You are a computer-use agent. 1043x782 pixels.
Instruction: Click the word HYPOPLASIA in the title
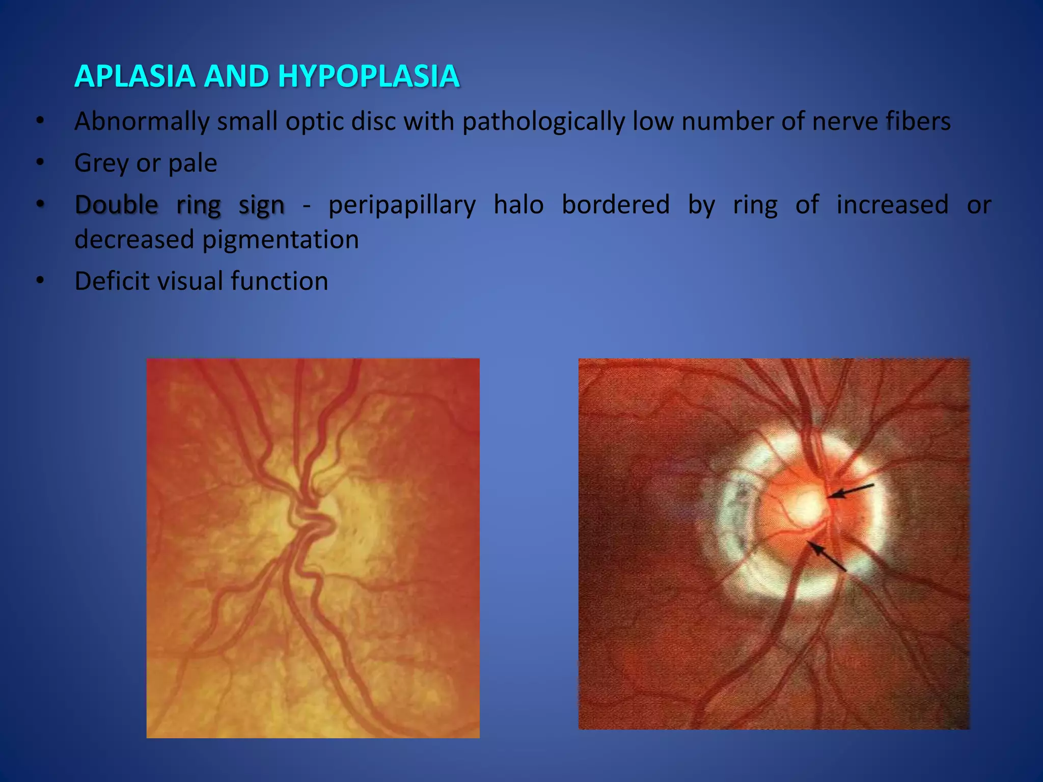[369, 76]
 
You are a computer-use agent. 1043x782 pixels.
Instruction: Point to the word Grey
[101, 163]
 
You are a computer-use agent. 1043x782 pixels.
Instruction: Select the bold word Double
[117, 205]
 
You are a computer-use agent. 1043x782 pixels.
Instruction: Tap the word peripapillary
[402, 205]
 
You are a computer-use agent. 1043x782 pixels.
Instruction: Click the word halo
[518, 205]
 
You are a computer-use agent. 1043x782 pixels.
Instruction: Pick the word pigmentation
[281, 239]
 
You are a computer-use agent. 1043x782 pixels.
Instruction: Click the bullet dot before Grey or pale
[40, 163]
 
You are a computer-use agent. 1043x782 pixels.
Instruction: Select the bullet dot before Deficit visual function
[40, 281]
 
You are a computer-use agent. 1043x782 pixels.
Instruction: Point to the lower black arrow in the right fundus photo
[828, 556]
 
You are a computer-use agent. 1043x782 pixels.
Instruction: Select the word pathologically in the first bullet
[543, 122]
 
